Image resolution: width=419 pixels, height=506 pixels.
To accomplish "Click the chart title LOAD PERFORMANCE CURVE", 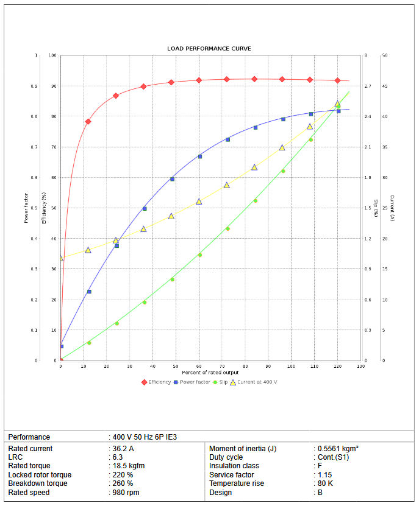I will coord(209,48).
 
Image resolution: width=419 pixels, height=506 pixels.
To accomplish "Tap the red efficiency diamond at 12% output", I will coord(88,121).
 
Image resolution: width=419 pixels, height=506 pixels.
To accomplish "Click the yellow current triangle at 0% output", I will coord(61,258).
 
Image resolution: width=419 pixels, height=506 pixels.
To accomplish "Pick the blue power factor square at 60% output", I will coord(199,156).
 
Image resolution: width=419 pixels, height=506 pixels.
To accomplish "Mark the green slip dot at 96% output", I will coord(282,171).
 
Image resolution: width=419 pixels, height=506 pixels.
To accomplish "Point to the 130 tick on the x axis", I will coord(360,366).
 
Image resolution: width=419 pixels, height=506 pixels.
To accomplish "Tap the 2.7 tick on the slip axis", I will coord(367,86).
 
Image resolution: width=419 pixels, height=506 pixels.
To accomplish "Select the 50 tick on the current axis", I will coord(385,55).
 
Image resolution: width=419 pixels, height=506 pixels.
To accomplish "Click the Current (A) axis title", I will coord(392,208).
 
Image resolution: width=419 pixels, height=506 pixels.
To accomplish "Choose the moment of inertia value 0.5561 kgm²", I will coord(338,449).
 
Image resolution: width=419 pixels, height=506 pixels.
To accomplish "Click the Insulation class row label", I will coord(234,466).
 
